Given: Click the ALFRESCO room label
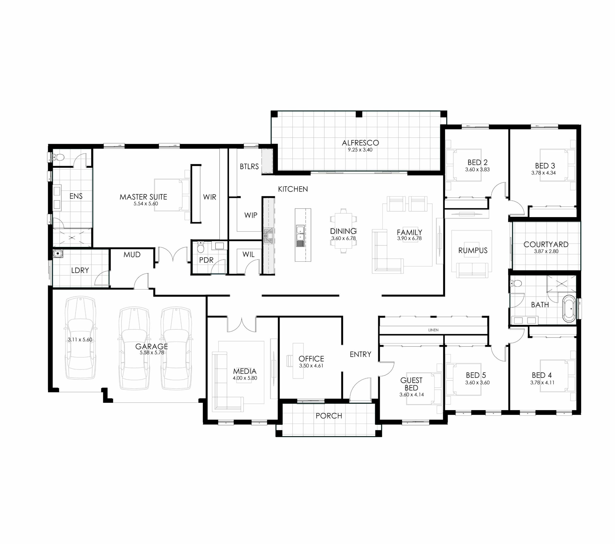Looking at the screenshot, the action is (x=360, y=143).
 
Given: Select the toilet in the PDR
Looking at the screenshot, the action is (x=201, y=247).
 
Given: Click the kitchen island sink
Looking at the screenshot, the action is (x=300, y=233).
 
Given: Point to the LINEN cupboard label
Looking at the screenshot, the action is (x=433, y=330).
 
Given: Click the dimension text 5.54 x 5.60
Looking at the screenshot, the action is (x=146, y=204).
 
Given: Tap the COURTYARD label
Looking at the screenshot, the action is (x=546, y=244).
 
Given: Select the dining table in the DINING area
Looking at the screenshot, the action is (x=343, y=231).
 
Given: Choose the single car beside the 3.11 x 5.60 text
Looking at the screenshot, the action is (x=80, y=338).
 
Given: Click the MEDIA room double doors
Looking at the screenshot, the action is (x=242, y=324).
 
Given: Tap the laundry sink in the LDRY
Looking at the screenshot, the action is (x=58, y=254).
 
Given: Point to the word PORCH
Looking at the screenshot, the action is (x=329, y=416).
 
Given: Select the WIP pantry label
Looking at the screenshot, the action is (x=251, y=215).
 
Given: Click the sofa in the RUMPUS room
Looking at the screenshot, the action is (x=472, y=270).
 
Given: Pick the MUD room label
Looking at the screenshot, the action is (x=132, y=255).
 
